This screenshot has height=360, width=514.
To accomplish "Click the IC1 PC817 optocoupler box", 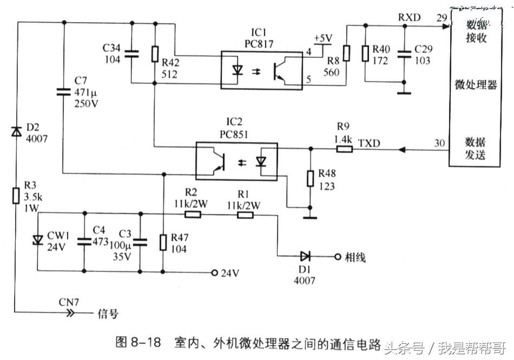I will [261, 70].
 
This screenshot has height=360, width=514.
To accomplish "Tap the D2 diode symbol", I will [17, 132].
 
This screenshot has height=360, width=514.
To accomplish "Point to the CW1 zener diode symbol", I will [37, 240].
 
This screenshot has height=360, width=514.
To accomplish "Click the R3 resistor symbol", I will [17, 195].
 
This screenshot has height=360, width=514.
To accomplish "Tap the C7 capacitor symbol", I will [64, 93].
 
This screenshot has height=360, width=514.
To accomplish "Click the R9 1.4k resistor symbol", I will [343, 148].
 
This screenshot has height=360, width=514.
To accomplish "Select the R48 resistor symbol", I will [310, 179].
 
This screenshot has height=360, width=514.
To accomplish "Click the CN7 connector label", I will [69, 302].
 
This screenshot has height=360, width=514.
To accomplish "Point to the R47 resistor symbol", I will [163, 243].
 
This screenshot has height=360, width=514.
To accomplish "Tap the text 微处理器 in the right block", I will [476, 86].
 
